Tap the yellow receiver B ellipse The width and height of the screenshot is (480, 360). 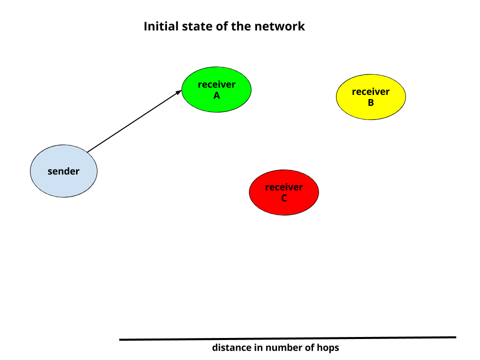click(x=370, y=112)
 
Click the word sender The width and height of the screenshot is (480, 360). click(x=63, y=171)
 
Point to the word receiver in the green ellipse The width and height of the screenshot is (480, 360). click(x=216, y=84)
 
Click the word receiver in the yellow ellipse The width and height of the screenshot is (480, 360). click(x=370, y=91)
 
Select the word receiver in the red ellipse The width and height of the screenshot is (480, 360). click(x=284, y=187)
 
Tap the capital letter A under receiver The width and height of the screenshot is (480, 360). click(x=216, y=95)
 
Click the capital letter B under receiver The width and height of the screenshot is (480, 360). click(x=370, y=103)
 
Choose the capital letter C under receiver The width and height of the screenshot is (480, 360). click(x=284, y=198)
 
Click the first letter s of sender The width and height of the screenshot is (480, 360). click(x=50, y=172)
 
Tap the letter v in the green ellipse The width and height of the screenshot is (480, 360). click(x=223, y=85)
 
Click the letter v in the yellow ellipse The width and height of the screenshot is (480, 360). click(x=377, y=92)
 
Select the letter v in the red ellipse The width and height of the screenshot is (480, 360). click(x=291, y=187)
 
